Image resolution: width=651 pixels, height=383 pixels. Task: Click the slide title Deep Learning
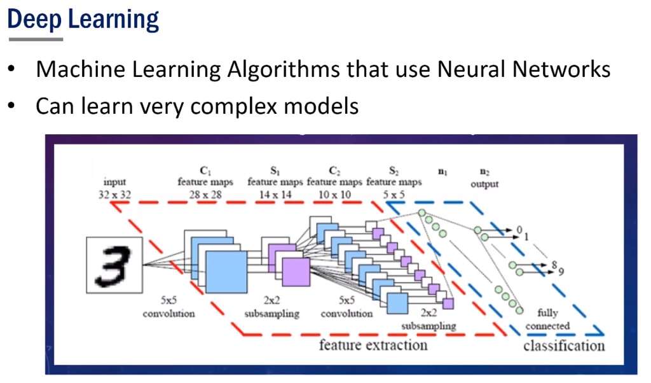click(83, 18)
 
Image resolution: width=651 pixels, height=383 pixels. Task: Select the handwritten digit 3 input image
click(114, 265)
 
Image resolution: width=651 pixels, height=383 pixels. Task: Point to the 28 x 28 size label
click(205, 195)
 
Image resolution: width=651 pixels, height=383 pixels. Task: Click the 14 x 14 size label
click(275, 195)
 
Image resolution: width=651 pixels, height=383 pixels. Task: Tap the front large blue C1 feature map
click(226, 271)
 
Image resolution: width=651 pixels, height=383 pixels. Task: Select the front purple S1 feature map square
click(296, 272)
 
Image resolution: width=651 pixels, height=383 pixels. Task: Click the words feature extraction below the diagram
click(373, 345)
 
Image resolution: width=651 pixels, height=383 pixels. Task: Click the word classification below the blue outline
click(564, 345)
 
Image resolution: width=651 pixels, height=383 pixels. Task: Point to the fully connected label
click(547, 319)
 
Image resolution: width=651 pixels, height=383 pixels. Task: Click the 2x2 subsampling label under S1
click(271, 309)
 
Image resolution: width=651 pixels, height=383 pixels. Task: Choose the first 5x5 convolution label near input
click(168, 309)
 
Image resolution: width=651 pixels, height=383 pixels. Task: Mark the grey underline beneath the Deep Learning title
click(36, 39)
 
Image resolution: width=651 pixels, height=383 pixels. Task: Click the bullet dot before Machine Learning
click(12, 69)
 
